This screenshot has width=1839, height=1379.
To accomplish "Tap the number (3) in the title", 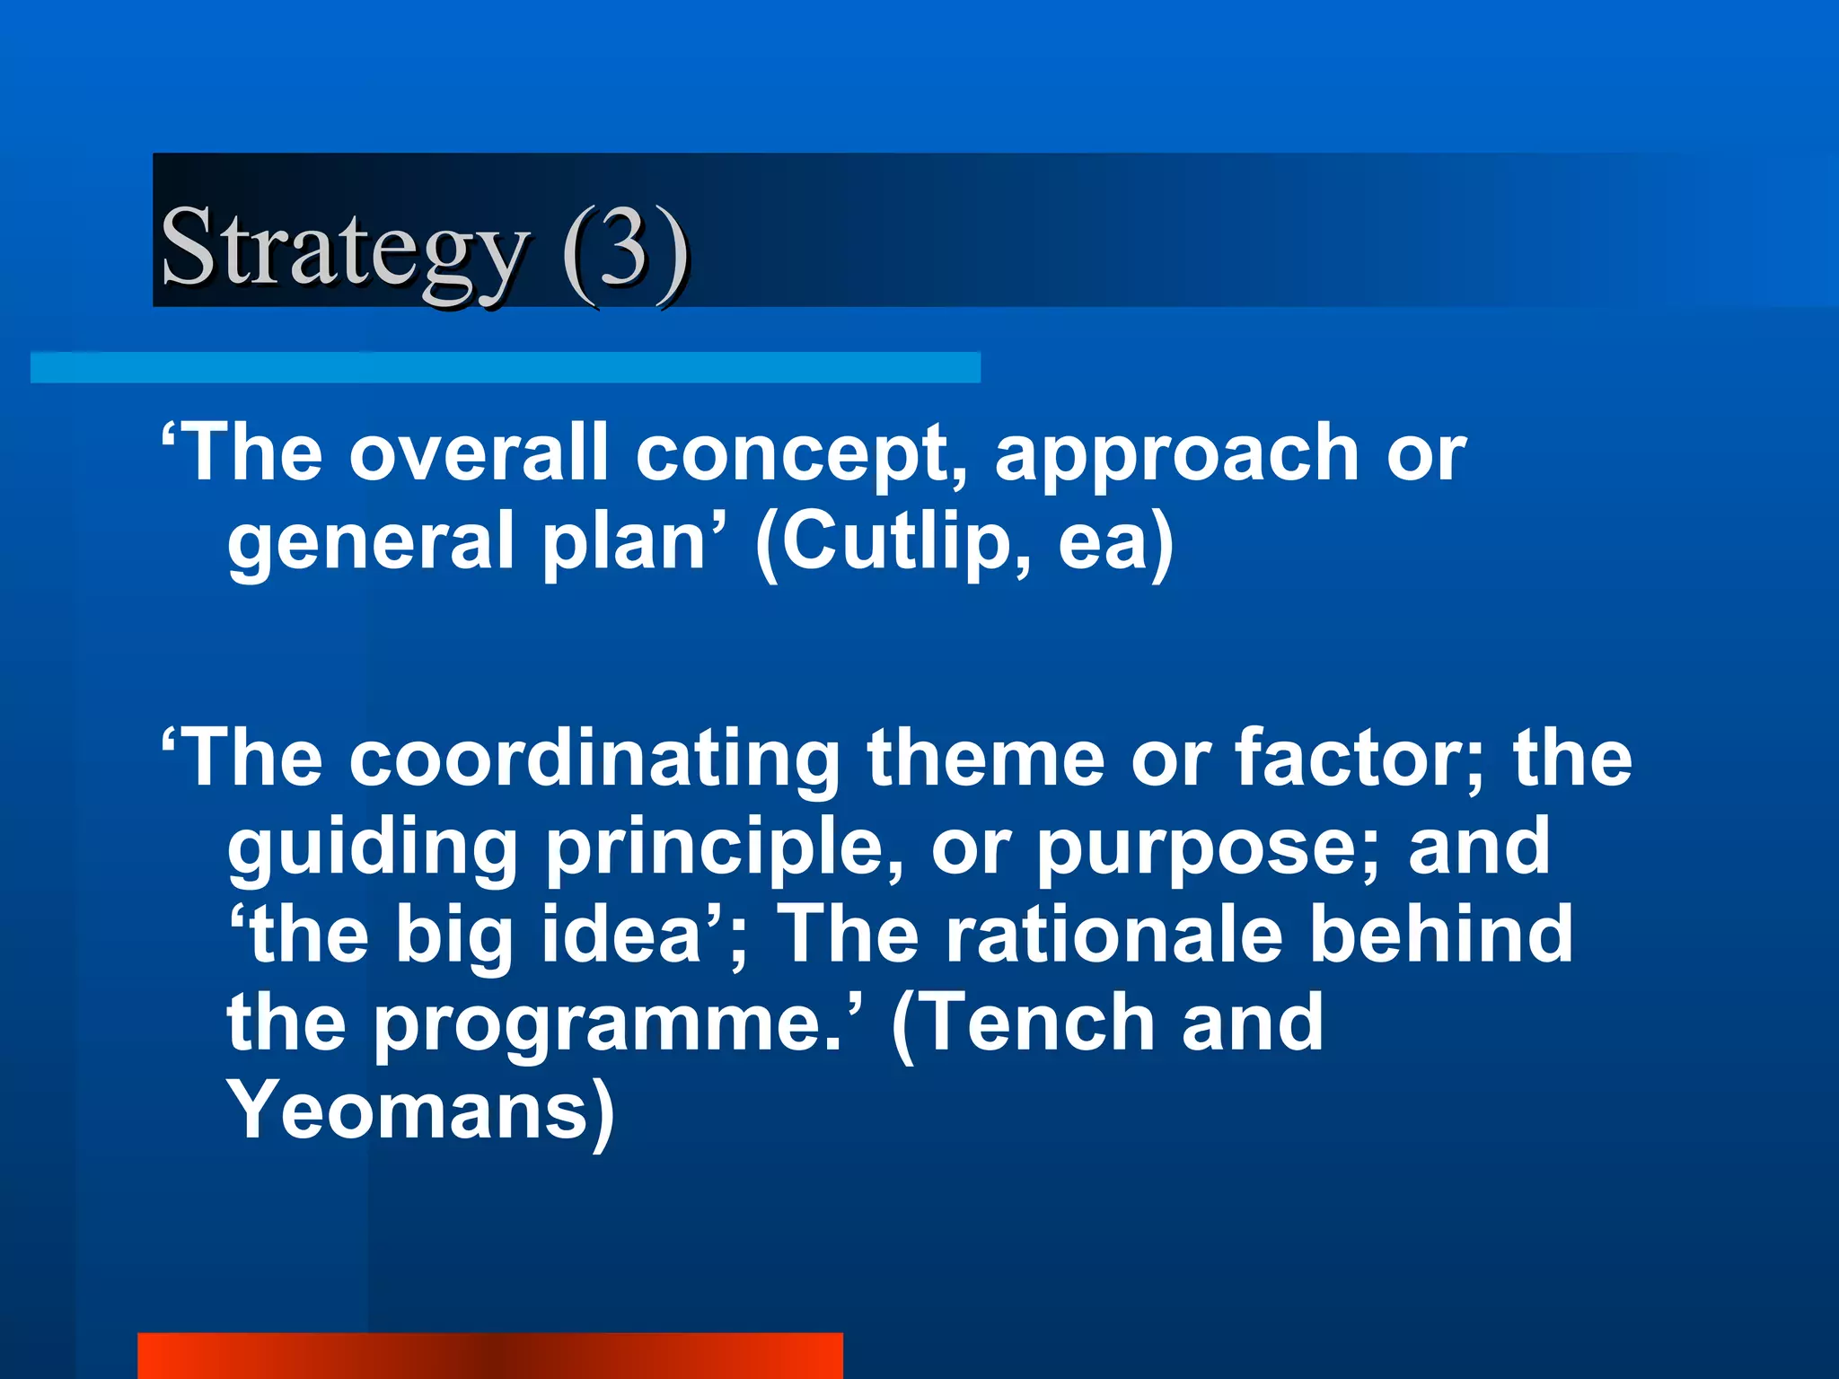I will click(626, 247).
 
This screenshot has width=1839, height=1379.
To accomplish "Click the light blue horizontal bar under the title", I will click(505, 367).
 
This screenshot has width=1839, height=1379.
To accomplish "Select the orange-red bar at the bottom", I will click(489, 1356).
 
